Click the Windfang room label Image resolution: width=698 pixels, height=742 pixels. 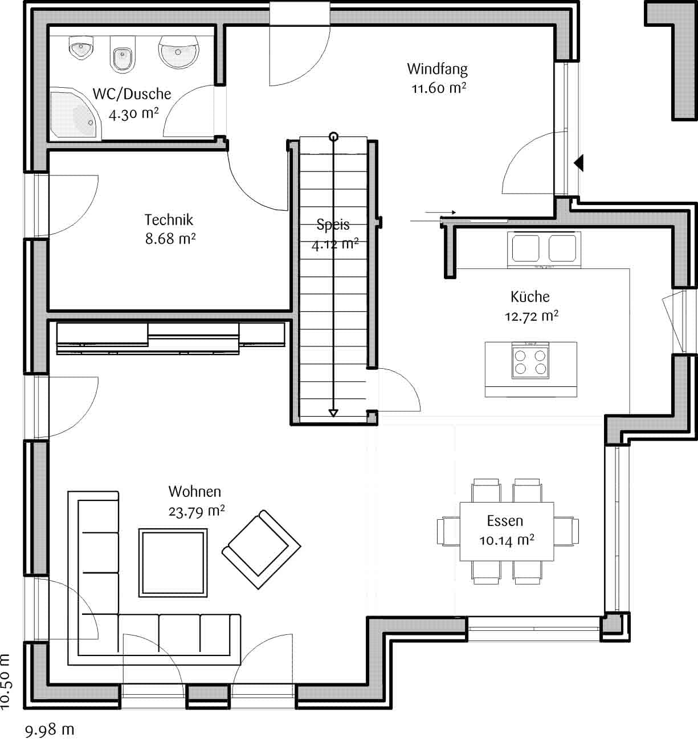tap(437, 69)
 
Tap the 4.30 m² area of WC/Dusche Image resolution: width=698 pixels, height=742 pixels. tap(133, 113)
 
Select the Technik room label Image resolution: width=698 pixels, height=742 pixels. tap(169, 219)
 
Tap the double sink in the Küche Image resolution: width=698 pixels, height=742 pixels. tap(544, 248)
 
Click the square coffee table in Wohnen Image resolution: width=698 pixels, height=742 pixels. tap(173, 562)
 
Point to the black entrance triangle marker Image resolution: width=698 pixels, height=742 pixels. tap(579, 163)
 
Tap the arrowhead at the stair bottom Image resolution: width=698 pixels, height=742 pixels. tap(334, 413)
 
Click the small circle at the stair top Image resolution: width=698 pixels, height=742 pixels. tap(334, 136)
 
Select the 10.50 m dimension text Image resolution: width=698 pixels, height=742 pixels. tap(6, 681)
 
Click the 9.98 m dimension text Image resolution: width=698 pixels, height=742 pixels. tap(50, 729)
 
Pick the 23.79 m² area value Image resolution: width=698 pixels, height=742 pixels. tap(197, 511)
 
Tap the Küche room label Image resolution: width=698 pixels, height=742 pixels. tap(530, 296)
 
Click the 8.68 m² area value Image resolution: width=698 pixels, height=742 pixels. tap(170, 238)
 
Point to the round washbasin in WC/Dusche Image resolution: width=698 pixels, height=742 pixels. tap(179, 51)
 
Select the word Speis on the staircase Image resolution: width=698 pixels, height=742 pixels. tap(333, 225)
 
